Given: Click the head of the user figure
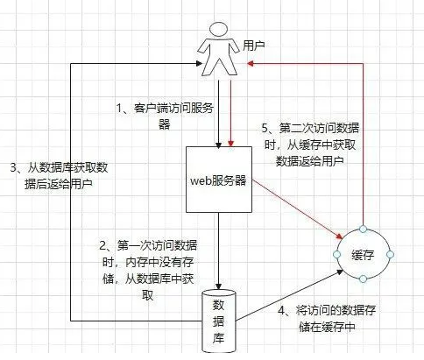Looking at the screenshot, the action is tap(219, 30).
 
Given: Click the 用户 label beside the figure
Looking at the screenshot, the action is tap(254, 46).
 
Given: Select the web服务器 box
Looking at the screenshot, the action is tap(219, 180).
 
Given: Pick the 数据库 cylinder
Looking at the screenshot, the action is tap(219, 321).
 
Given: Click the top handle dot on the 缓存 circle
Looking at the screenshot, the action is tap(363, 229).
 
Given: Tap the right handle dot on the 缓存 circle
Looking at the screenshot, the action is tap(390, 254).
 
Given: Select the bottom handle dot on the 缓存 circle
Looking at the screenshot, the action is tap(363, 279).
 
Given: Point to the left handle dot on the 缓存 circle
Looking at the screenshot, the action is tap(337, 254).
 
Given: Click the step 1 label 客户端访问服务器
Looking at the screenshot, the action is tap(166, 116).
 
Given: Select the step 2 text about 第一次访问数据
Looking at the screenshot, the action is tap(148, 270).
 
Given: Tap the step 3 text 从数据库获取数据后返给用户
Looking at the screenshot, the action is tap(59, 176).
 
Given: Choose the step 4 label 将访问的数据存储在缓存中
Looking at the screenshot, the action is tap(327, 318).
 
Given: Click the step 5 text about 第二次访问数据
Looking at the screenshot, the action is tap(310, 145).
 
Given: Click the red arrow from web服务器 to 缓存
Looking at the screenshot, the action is tap(297, 209).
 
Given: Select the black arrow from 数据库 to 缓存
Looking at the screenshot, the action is tap(289, 295).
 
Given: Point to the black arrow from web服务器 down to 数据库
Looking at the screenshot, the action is tap(218, 251).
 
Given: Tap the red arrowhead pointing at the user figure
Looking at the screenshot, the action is tap(250, 63).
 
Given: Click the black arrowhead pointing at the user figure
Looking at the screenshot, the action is tap(200, 63).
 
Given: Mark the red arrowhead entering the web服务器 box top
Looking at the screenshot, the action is tap(231, 143).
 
